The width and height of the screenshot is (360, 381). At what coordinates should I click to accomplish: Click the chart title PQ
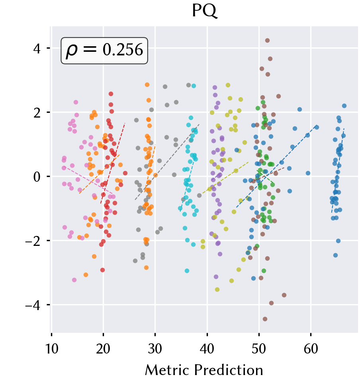[x=204, y=11]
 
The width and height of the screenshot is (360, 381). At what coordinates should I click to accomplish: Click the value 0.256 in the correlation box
[x=123, y=50]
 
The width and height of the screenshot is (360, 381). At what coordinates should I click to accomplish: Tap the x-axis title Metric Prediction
[x=204, y=370]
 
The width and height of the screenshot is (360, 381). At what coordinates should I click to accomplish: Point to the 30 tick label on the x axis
[x=155, y=349]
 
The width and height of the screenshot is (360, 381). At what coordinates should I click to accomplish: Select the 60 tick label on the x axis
[x=311, y=349]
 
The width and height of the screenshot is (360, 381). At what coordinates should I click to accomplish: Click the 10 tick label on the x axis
[x=51, y=349]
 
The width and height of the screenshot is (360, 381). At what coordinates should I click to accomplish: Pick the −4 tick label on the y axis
[x=36, y=305]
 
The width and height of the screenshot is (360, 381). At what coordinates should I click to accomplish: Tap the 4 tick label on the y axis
[x=37, y=48]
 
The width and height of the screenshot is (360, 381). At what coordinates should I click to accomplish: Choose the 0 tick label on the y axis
[x=37, y=177]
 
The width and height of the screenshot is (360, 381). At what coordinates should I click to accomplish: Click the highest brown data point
[x=267, y=41]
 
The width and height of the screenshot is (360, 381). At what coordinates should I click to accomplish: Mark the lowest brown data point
[x=265, y=319]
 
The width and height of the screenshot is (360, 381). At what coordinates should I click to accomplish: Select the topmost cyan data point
[x=194, y=86]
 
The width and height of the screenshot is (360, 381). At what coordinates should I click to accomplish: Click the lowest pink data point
[x=74, y=280]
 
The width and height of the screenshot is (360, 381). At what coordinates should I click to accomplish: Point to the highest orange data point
[x=147, y=85]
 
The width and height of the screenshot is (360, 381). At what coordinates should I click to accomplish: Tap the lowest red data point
[x=102, y=270]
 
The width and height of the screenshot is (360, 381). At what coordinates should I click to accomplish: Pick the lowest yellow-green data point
[x=217, y=290]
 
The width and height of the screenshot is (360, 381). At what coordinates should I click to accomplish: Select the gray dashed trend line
[x=167, y=162]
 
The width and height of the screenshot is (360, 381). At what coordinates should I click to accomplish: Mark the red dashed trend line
[x=113, y=163]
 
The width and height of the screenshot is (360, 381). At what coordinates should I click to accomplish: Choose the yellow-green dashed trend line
[x=225, y=178]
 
